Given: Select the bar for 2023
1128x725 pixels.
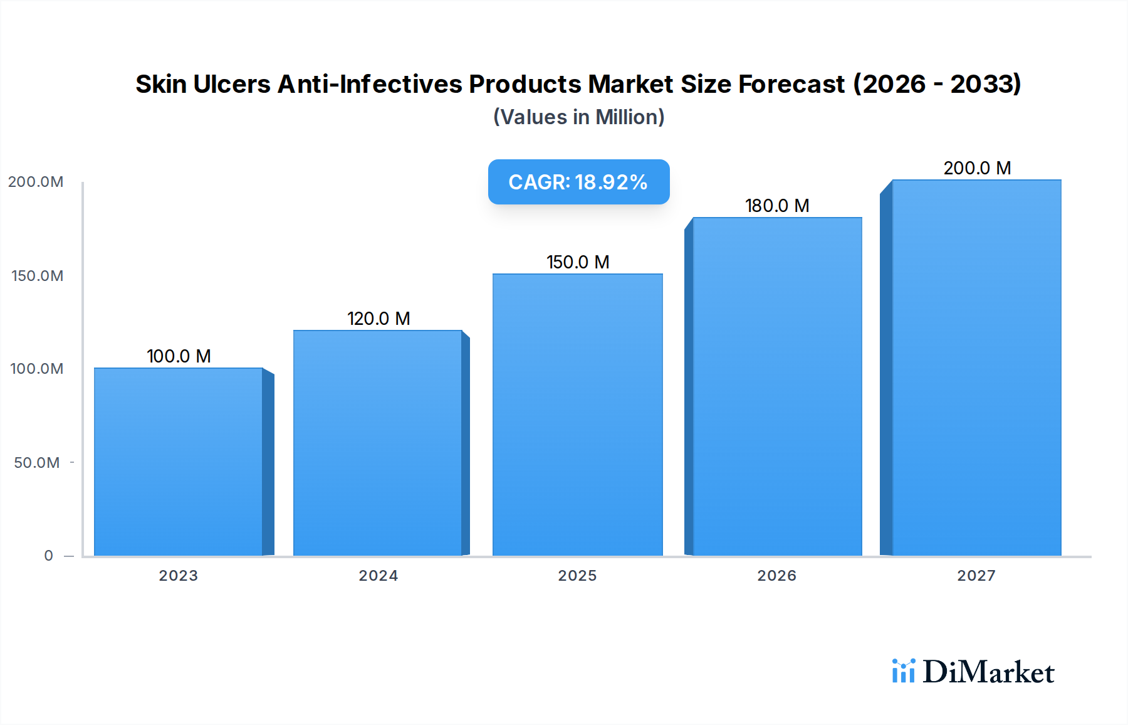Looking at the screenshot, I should (179, 462).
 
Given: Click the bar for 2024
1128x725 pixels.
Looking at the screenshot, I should (378, 443).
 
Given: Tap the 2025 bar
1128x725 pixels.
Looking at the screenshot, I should (577, 415).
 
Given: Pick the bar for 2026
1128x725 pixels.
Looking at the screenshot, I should (777, 386).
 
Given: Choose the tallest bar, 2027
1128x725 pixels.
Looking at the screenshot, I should (976, 368).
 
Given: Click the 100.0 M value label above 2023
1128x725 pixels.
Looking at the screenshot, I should (179, 356).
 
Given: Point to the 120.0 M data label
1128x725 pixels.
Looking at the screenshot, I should (379, 319).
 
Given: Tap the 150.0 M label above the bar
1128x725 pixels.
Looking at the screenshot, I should (578, 262).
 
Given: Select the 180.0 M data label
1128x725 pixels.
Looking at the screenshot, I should (777, 206).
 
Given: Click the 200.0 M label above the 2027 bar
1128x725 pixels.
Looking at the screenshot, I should (977, 168).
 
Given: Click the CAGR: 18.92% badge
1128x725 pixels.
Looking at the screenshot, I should (578, 182).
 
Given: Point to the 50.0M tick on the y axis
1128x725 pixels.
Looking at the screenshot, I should (37, 463).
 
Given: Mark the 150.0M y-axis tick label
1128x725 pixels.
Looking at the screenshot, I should (37, 276).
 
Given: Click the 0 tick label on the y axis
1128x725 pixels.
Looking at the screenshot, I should (48, 556).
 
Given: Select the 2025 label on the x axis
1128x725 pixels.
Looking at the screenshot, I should (577, 576).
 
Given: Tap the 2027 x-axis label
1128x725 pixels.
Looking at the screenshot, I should (976, 576).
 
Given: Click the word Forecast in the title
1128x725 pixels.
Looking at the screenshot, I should (791, 84).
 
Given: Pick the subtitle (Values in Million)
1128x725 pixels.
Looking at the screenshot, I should (578, 117).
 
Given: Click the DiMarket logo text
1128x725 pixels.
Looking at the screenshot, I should (988, 672).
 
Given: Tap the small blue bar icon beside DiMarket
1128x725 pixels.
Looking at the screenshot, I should (903, 671).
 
